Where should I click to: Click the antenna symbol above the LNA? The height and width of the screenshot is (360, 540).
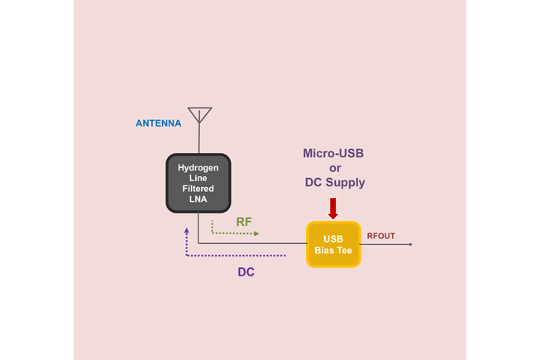199,115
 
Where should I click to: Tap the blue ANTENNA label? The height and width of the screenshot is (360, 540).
158,123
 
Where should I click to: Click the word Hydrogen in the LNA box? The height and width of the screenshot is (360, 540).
198,167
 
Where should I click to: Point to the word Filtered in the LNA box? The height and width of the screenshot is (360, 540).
198,187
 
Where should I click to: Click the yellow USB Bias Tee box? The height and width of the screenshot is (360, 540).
334,244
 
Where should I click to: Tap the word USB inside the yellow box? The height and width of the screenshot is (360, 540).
334,238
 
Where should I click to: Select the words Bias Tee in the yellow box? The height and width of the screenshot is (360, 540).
334,250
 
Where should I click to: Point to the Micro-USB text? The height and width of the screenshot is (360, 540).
334,154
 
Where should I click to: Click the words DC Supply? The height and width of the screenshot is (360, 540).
334,182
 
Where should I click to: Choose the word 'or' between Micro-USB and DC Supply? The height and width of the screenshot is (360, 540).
334,168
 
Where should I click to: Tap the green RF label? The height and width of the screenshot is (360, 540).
245,222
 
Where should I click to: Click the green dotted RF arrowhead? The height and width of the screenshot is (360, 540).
256,234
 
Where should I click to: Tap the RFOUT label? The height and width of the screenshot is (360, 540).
380,237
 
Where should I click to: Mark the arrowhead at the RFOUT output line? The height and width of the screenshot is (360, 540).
409,244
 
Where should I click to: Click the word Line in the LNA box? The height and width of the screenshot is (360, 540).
198,177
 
